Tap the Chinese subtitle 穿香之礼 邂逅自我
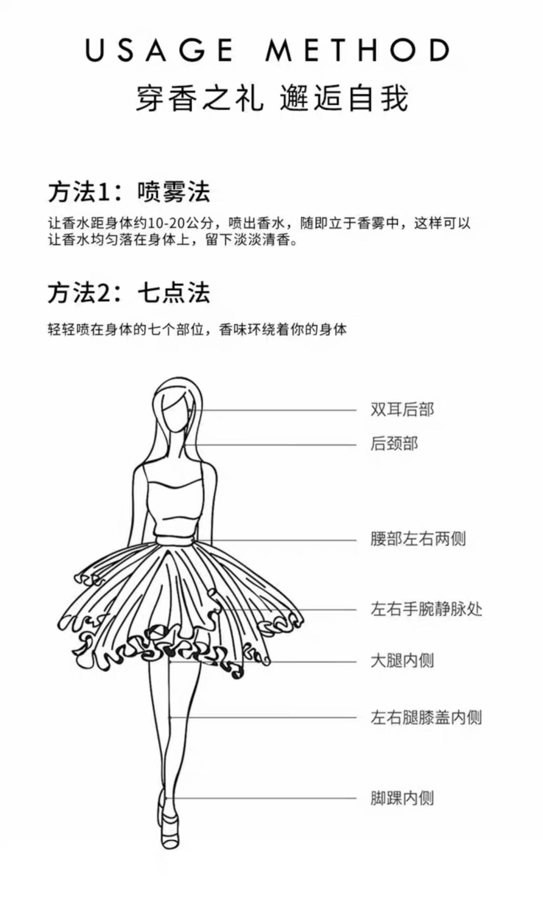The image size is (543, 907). point(272,98)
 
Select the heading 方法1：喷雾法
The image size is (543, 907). point(129,192)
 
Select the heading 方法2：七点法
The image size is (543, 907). point(129,293)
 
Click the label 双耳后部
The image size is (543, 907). point(402,409)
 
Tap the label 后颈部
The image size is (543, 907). point(394,443)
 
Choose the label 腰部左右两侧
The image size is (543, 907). point(418,538)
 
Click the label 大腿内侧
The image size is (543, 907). point(402,660)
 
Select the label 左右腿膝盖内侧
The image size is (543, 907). point(426,717)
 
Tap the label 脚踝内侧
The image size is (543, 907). point(402,798)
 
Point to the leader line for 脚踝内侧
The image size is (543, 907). point(265,798)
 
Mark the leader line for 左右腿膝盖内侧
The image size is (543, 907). point(265,717)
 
